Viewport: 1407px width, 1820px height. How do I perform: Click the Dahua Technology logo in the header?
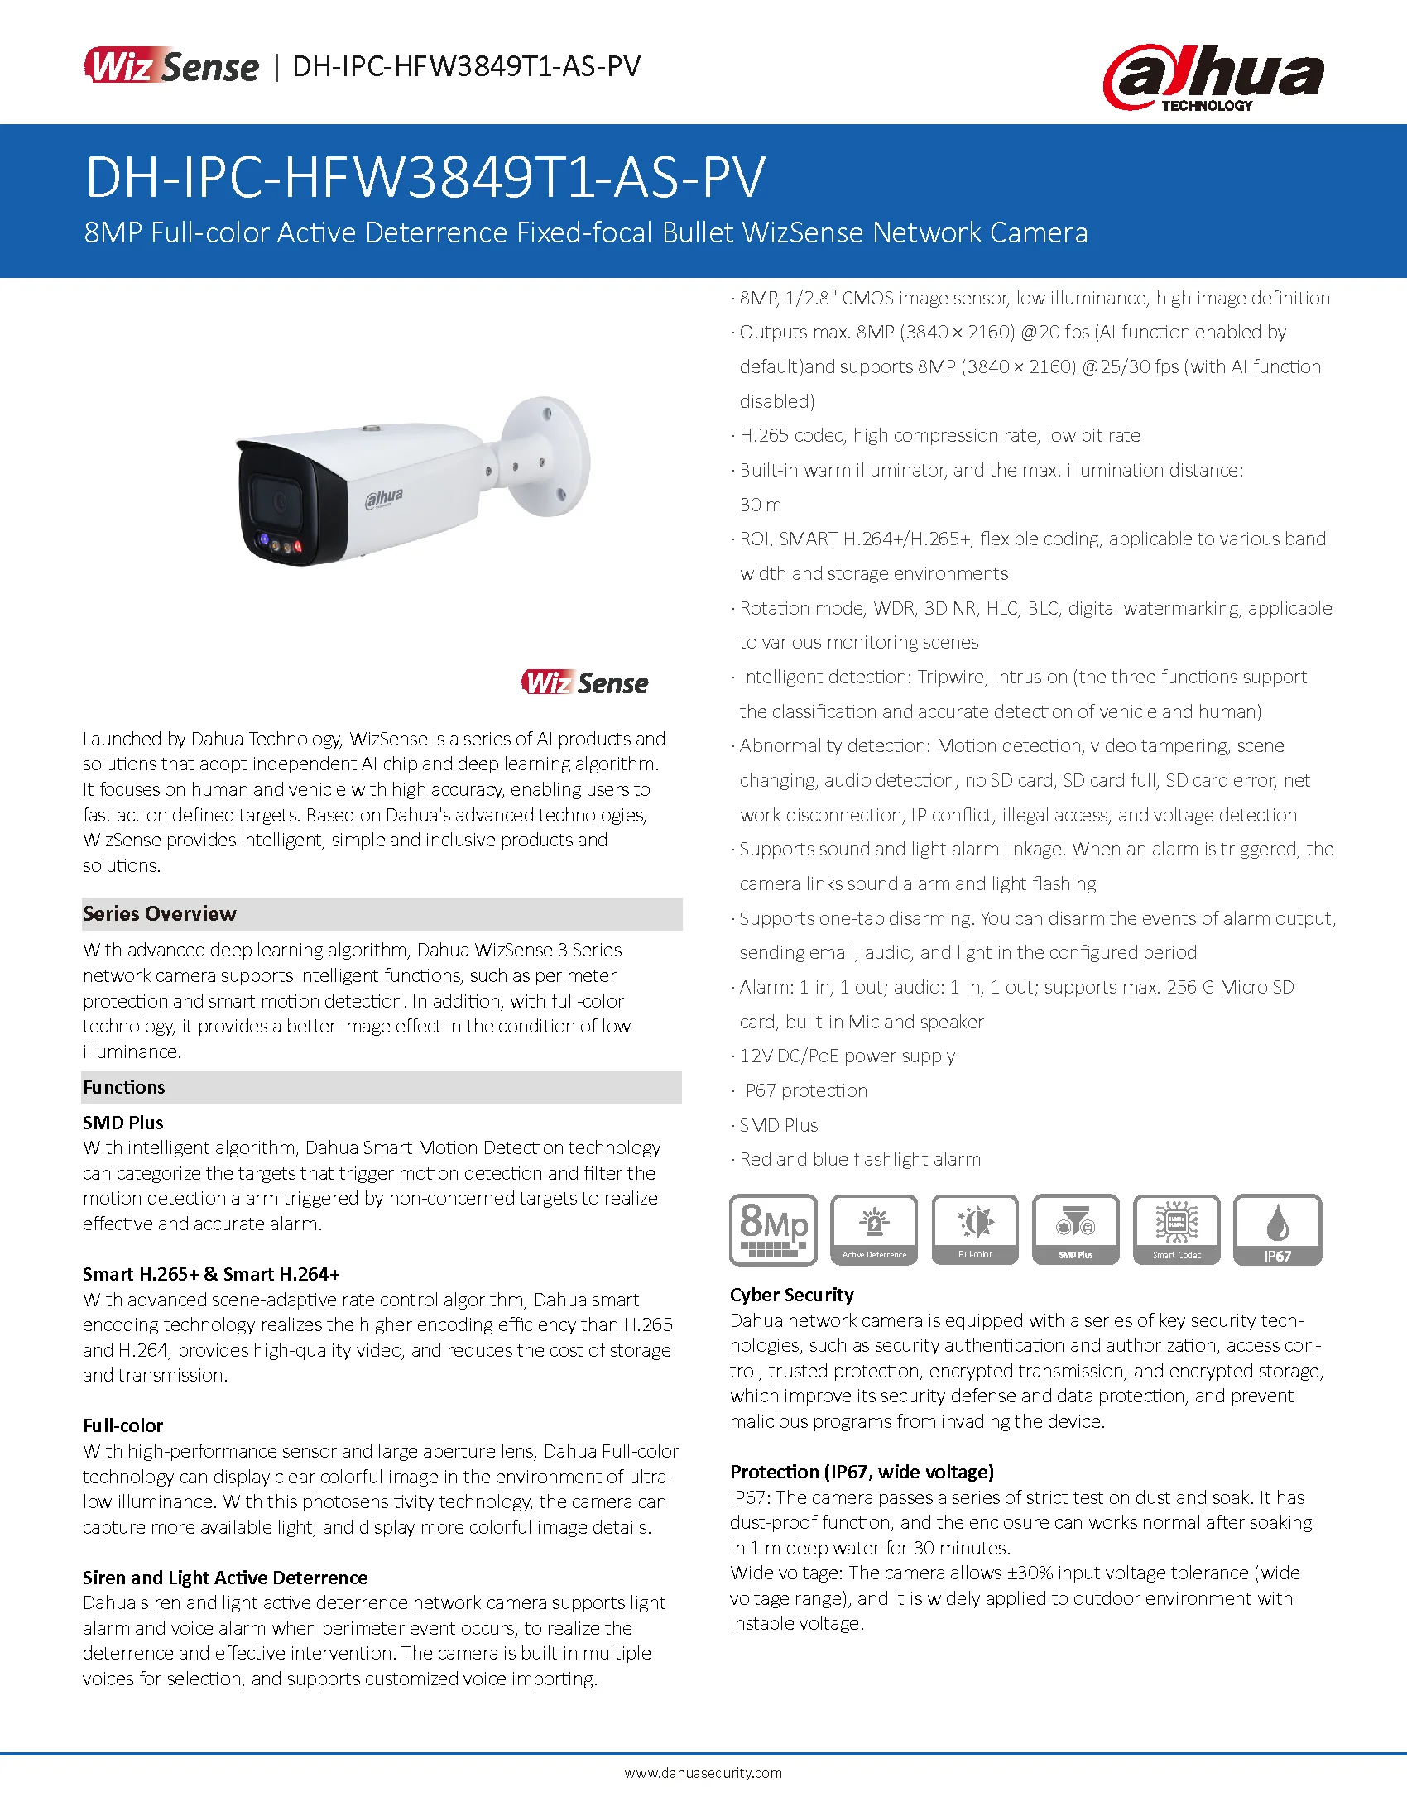(x=1213, y=78)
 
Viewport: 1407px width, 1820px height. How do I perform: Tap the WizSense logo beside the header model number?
(x=171, y=66)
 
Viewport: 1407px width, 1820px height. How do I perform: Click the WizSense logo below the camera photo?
(x=584, y=682)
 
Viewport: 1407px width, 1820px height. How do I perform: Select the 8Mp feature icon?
(x=774, y=1229)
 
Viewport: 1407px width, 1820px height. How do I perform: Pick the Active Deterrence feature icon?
(x=874, y=1229)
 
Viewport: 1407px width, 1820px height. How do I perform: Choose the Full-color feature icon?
(x=975, y=1229)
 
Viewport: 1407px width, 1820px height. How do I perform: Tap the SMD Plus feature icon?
(x=1075, y=1229)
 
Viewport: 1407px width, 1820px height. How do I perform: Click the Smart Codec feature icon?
(x=1177, y=1229)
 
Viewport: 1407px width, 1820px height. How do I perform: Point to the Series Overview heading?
(x=159, y=913)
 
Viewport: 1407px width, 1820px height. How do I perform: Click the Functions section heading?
(x=124, y=1087)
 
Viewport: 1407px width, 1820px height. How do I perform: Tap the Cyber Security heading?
(x=792, y=1294)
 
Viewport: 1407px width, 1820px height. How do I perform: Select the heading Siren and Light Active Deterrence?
(x=225, y=1577)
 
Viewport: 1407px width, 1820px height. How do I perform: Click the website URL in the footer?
(x=703, y=1773)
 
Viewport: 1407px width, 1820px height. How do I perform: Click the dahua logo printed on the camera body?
(x=384, y=498)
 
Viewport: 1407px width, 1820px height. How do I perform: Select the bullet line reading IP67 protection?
(x=804, y=1090)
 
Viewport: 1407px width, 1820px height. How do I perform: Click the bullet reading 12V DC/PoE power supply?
(x=847, y=1056)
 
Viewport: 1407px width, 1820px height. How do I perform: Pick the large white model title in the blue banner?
(x=425, y=177)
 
